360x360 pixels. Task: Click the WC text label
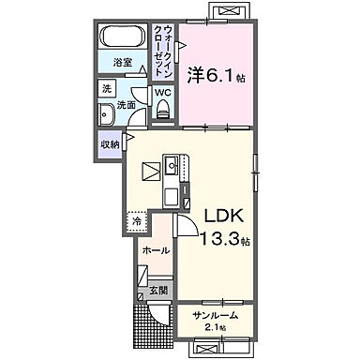point(162,92)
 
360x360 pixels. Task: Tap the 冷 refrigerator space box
point(136,222)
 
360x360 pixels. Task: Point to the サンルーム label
point(214,316)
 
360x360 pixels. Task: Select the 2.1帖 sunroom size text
point(216,327)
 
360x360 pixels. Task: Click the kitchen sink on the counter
point(172,169)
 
